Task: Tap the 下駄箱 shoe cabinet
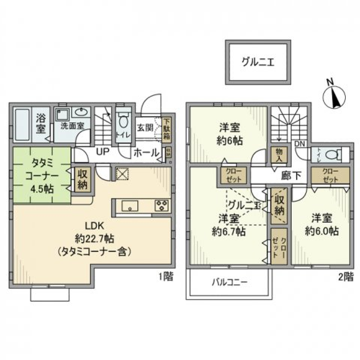coord(166,129)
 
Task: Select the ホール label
coord(145,153)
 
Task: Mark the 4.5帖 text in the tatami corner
coord(42,189)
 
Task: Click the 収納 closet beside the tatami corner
coord(82,180)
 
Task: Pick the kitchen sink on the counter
coord(129,206)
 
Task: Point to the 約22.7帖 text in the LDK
coord(94,238)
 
